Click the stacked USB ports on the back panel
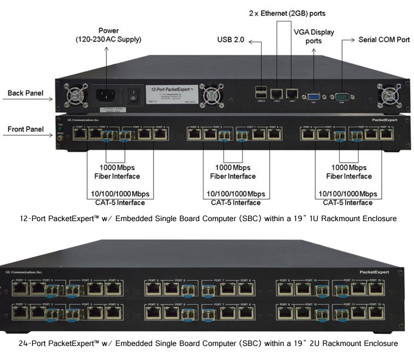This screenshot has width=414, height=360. point(261,93)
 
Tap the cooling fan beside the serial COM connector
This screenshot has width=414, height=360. point(387,95)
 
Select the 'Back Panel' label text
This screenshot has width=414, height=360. point(24,93)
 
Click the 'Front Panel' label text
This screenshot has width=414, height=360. point(24,129)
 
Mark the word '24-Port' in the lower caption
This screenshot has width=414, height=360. point(31,344)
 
